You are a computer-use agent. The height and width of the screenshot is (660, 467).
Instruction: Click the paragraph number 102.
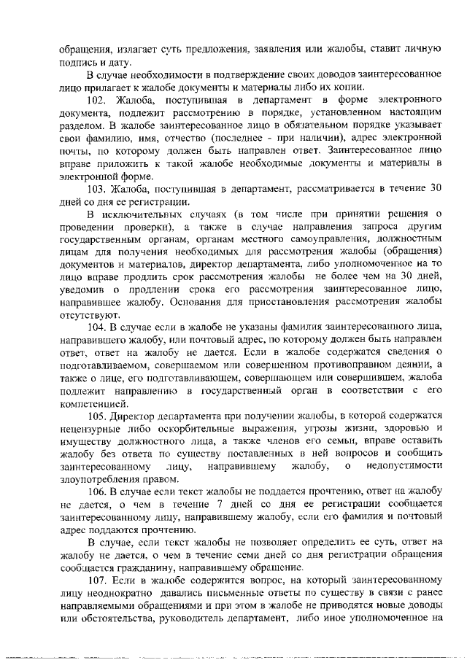(97, 99)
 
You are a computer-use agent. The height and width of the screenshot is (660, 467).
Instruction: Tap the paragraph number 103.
(97, 188)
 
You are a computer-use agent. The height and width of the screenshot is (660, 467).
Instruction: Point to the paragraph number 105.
(97, 416)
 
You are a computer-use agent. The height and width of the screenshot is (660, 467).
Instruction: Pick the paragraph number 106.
(97, 493)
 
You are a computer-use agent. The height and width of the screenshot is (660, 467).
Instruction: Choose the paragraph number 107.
(97, 581)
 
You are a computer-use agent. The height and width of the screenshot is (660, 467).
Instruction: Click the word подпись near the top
(78, 62)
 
